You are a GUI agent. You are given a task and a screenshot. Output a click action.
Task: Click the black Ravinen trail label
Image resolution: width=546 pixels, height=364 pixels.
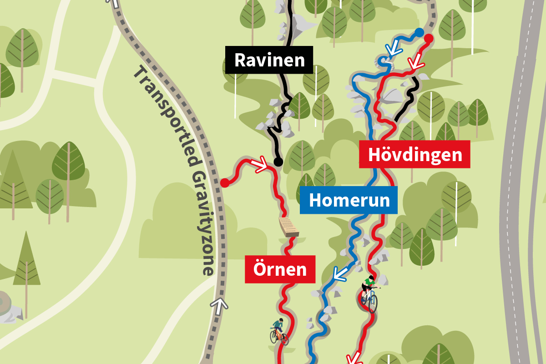[x=269, y=60]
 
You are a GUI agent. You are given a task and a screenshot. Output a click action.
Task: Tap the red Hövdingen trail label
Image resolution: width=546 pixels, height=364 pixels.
[x=415, y=155]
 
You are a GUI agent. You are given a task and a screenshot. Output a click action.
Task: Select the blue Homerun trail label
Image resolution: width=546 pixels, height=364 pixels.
[x=349, y=200]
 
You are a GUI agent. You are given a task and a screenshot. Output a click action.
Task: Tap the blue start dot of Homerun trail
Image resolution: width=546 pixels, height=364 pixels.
[x=419, y=32]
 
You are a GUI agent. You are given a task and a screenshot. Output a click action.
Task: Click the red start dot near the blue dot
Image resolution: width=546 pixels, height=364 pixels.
[x=428, y=39]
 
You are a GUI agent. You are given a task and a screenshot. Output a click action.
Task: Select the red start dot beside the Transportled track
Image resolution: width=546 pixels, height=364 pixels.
[x=224, y=183]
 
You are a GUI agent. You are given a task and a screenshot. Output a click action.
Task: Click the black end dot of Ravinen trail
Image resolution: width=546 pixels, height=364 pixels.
[x=278, y=162]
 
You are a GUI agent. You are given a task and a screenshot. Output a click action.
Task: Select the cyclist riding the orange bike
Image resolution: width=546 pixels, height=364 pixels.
[x=278, y=331]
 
